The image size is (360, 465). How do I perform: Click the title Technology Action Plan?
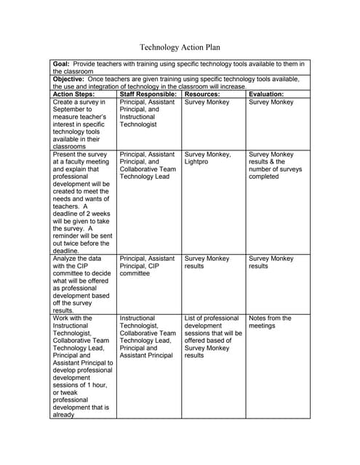180,47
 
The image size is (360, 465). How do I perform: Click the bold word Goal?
62,65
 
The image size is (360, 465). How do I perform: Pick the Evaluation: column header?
266,94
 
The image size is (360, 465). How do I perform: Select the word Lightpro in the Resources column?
197,162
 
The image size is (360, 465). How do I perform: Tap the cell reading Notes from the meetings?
270,322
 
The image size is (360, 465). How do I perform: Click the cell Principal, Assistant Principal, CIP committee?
147,266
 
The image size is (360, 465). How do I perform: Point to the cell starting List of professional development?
213,336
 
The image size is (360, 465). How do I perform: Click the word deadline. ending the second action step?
68,251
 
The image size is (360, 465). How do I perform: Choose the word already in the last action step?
64,416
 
